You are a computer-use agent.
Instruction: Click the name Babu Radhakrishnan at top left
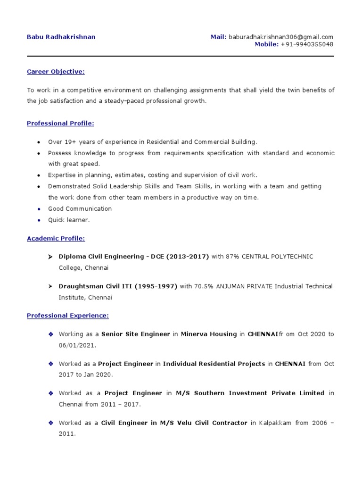point(61,37)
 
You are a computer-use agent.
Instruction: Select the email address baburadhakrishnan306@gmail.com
point(281,37)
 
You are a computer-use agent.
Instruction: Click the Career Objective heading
point(56,72)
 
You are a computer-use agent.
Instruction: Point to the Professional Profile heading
point(60,123)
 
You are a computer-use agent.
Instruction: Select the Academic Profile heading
point(56,239)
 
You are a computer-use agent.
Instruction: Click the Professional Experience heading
point(67,315)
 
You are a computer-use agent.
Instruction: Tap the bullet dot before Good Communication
point(38,209)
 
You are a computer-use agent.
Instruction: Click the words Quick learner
point(69,220)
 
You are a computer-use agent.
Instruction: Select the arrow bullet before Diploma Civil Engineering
point(50,257)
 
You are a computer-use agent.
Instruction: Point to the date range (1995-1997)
point(157,286)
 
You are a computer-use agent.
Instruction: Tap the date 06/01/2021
point(77,345)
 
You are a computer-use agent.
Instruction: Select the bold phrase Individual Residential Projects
point(214,364)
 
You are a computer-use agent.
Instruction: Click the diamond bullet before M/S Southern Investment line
point(50,393)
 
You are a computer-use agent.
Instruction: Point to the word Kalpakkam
point(274,423)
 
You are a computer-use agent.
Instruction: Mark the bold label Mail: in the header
point(219,37)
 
